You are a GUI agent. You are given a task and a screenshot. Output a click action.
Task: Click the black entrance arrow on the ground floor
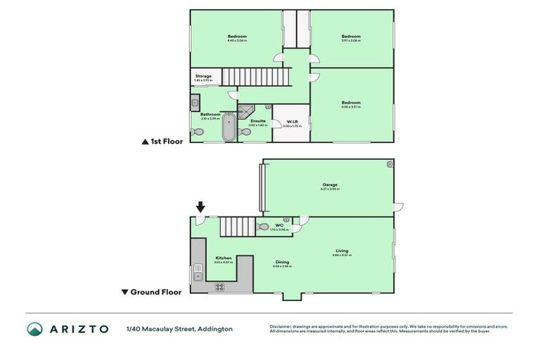tap(200, 207)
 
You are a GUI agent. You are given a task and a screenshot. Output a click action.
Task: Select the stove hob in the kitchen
tap(219, 287)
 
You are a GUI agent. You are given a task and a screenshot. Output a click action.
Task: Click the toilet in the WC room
tap(263, 227)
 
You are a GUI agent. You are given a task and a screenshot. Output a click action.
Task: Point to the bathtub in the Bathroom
tap(229, 129)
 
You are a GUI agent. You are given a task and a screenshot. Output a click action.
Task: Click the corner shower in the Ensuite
tap(245, 111)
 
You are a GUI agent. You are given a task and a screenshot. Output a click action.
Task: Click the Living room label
tap(342, 250)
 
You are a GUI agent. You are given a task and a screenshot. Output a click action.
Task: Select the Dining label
tap(281, 262)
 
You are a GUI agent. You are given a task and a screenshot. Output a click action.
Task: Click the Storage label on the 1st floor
tap(203, 76)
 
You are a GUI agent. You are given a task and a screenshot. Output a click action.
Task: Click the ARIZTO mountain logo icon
tap(34, 328)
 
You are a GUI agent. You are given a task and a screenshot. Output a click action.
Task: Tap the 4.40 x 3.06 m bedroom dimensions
tap(237, 41)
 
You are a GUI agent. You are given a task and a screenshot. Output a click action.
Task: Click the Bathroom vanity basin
tap(195, 103)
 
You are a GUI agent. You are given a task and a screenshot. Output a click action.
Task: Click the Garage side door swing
tap(399, 207)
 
